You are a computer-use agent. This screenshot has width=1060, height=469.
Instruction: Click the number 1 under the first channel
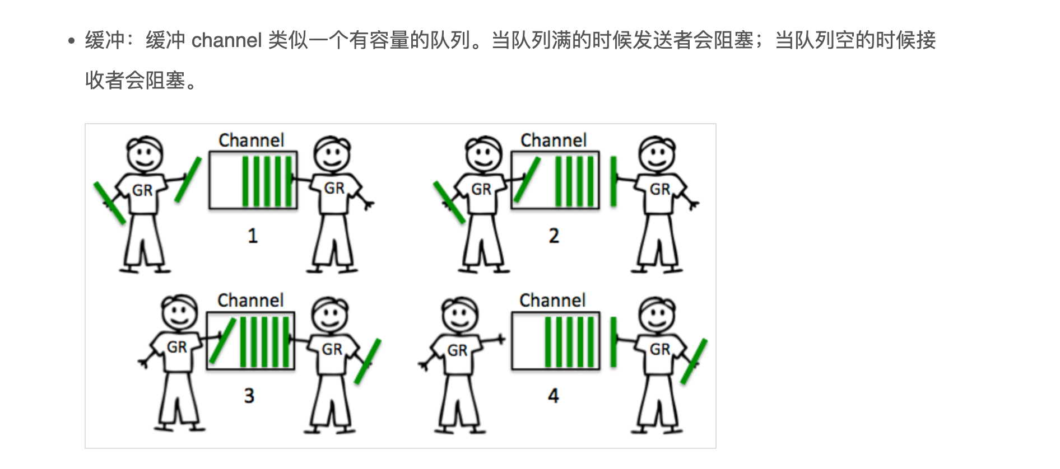(253, 236)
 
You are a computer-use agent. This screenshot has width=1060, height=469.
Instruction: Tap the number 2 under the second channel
(554, 236)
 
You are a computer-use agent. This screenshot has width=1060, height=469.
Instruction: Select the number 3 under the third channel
(249, 396)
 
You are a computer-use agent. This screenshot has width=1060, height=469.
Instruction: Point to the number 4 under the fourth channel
(554, 396)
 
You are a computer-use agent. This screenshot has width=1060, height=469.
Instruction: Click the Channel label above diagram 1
(252, 140)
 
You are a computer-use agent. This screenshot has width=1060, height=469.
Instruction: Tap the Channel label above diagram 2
(554, 140)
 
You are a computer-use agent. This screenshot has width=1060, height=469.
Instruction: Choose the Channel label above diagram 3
(250, 300)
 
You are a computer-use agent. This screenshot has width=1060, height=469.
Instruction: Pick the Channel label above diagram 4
(552, 300)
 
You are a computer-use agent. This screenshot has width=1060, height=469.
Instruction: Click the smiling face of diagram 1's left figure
(145, 154)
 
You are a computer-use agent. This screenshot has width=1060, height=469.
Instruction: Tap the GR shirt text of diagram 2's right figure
(659, 189)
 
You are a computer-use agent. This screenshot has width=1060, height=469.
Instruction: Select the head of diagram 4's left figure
(460, 315)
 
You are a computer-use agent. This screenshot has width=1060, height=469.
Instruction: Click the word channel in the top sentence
(226, 40)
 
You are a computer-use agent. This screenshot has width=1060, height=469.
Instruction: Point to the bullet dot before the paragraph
(71, 41)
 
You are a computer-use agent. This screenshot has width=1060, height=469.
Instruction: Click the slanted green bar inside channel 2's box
(527, 180)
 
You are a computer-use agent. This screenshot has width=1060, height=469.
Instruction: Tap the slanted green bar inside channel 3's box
(222, 340)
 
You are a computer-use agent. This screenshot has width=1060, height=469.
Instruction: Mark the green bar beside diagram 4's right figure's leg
(694, 361)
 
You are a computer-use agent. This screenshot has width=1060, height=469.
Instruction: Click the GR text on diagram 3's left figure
(177, 347)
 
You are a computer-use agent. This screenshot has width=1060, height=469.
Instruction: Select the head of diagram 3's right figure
(329, 314)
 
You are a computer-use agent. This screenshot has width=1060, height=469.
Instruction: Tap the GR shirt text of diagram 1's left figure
(142, 190)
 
